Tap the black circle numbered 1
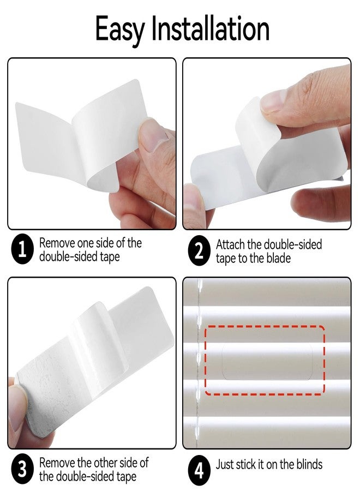(22, 250)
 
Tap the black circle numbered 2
(199, 250)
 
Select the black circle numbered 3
(22, 469)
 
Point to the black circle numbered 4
(199, 469)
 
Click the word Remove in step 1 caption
(58, 243)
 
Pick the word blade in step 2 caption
(279, 258)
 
